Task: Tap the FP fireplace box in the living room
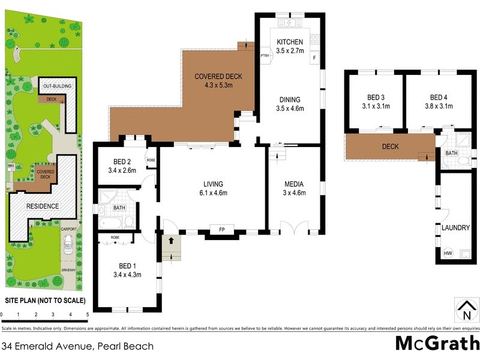221,230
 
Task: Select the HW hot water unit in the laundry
447,253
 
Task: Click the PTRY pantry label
265,56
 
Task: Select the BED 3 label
376,97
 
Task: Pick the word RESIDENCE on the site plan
43,206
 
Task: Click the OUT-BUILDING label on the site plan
57,86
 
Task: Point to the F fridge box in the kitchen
314,58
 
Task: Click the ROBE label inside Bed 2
151,160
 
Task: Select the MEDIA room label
294,184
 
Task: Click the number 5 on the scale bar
88,314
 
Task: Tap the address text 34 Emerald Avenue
48,346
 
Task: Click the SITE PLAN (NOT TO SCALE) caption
45,301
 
